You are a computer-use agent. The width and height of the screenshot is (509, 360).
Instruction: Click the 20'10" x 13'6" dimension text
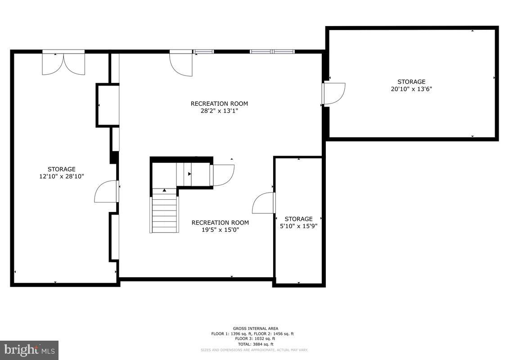pyautogui.click(x=411, y=89)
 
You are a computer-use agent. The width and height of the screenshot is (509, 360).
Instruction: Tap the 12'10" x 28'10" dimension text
pyautogui.click(x=62, y=176)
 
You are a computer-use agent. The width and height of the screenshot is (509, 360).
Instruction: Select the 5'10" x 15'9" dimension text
pyautogui.click(x=298, y=226)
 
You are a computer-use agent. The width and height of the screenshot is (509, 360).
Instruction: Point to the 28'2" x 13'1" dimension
pyautogui.click(x=219, y=111)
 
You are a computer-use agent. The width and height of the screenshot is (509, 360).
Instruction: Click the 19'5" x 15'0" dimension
pyautogui.click(x=220, y=229)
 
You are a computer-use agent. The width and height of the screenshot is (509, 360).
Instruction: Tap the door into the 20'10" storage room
pyautogui.click(x=333, y=93)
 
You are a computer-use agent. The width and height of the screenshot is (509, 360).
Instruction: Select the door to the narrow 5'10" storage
pyautogui.click(x=264, y=203)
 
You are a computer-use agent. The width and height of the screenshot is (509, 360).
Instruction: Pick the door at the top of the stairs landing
pyautogui.click(x=223, y=175)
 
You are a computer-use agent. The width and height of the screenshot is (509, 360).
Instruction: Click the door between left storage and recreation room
pyautogui.click(x=106, y=192)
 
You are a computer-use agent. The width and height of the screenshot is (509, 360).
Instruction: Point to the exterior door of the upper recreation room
pyautogui.click(x=181, y=64)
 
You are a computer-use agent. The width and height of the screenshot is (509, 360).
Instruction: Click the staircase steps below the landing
pyautogui.click(x=165, y=214)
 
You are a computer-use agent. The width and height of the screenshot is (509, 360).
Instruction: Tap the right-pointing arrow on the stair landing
pyautogui.click(x=189, y=174)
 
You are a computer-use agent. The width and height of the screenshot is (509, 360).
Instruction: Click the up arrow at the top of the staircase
pyautogui.click(x=164, y=190)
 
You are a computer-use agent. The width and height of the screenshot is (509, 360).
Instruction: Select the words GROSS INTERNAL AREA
pyautogui.click(x=255, y=328)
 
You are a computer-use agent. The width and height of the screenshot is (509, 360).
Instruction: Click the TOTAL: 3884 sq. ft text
pyautogui.click(x=255, y=344)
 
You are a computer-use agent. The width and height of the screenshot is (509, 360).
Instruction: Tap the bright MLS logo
pyautogui.click(x=29, y=350)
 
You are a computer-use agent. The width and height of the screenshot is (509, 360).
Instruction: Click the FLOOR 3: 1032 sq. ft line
pyautogui.click(x=255, y=338)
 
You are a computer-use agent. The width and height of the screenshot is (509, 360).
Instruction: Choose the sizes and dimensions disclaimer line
pyautogui.click(x=254, y=350)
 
